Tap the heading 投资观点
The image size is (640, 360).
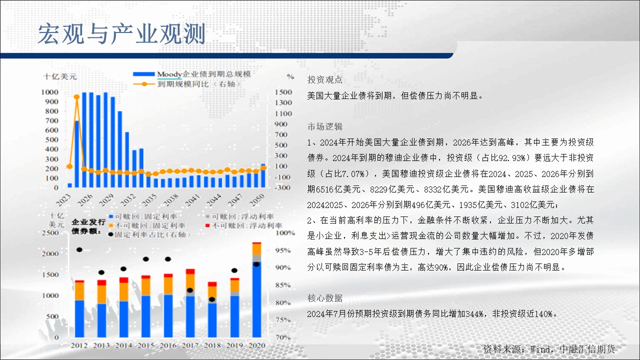pyautogui.click(x=325, y=79)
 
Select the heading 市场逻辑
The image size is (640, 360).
pyautogui.click(x=325, y=126)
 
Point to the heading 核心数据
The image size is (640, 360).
pyautogui.click(x=325, y=298)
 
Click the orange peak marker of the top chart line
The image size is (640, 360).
pyautogui.click(x=76, y=97)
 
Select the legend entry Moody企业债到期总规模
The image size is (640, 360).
pyautogui.click(x=192, y=74)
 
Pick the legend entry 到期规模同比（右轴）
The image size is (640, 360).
pyautogui.click(x=187, y=84)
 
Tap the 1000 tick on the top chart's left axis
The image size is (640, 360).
pyautogui.click(x=49, y=92)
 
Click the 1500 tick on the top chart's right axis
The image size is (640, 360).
pyautogui.click(x=283, y=92)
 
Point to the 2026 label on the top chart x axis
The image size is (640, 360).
pyautogui.click(x=85, y=199)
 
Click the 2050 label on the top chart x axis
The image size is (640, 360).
pyautogui.click(x=257, y=199)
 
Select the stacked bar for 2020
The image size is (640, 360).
pyautogui.click(x=256, y=289)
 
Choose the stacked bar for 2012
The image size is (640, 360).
pyautogui.click(x=79, y=309)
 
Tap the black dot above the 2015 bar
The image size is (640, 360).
pyautogui.click(x=145, y=259)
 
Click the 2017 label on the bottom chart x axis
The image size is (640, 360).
pyautogui.click(x=190, y=345)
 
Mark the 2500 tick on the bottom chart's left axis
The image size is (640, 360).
pyautogui.click(x=50, y=232)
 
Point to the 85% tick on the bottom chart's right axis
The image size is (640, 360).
pyautogui.click(x=283, y=285)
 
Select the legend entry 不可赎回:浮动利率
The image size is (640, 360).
pyautogui.click(x=243, y=225)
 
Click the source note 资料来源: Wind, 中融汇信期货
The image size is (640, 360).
pyautogui.click(x=549, y=349)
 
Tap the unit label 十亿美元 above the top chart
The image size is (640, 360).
pyautogui.click(x=60, y=76)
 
